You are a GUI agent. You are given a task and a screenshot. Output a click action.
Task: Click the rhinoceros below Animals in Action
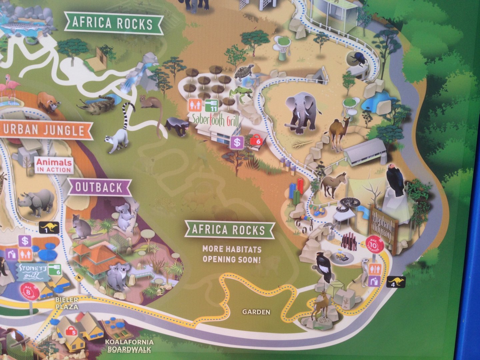coord(37,201)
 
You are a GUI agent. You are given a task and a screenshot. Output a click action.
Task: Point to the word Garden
coord(256,312)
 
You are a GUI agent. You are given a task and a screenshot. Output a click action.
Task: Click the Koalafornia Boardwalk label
coord(129,346)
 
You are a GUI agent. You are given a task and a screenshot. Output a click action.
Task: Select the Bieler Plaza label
coord(67,303)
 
